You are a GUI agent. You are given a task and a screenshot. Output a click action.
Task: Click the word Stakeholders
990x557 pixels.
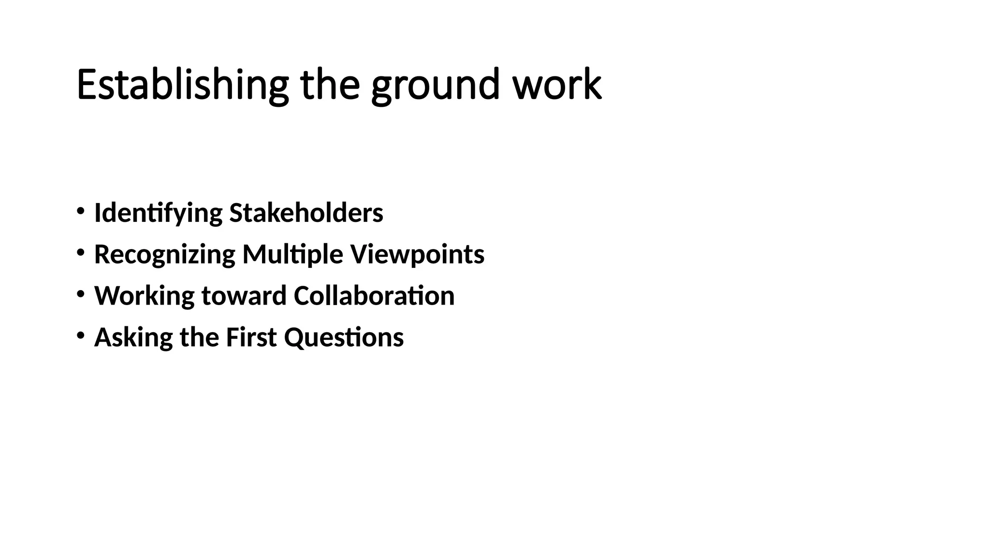point(306,213)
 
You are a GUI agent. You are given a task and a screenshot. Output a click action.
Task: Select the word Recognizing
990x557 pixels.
point(164,255)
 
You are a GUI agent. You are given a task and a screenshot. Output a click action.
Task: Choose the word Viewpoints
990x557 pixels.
point(417,255)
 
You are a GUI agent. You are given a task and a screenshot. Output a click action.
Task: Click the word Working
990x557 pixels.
point(144,296)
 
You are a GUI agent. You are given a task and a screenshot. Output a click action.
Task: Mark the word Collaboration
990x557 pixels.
point(374,296)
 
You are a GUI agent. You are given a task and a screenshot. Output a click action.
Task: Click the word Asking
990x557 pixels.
point(133,337)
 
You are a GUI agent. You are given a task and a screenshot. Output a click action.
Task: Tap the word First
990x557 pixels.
point(251,337)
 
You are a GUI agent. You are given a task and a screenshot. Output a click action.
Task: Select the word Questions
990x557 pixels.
point(344,337)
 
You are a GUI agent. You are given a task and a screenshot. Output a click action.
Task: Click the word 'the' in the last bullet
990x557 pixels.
point(199,337)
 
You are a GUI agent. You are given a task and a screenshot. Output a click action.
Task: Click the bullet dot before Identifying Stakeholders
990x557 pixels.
point(80,211)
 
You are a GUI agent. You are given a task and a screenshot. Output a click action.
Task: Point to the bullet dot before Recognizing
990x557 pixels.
point(80,252)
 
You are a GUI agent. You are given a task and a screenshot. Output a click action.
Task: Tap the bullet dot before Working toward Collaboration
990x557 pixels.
point(80,293)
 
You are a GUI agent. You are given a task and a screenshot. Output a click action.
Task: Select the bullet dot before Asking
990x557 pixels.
point(80,335)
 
